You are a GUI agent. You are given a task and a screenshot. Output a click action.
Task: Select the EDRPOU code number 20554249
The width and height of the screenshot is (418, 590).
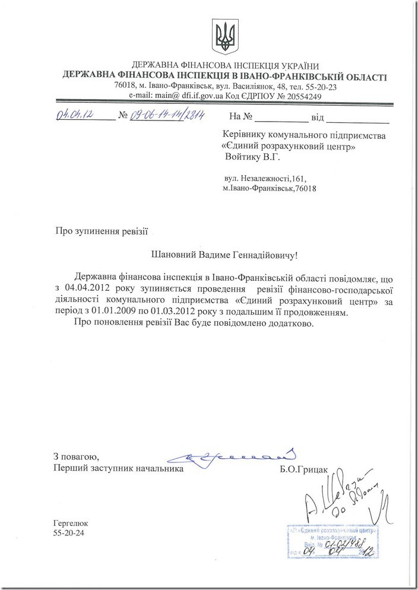(300, 96)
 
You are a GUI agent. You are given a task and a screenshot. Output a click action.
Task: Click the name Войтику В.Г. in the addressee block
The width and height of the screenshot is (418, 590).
(251, 158)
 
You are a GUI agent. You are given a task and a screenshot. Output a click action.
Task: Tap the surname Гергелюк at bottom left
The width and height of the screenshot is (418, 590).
(70, 524)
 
